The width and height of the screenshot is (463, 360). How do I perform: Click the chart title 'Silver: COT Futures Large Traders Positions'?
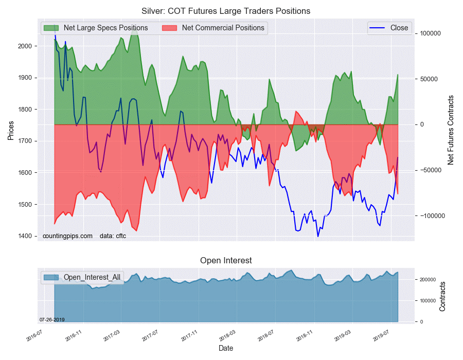coord(226,11)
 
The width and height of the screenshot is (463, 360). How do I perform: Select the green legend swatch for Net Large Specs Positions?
coord(51,28)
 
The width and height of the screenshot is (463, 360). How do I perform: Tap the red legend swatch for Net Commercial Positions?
coord(169,28)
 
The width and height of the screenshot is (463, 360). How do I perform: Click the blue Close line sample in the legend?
coord(377,28)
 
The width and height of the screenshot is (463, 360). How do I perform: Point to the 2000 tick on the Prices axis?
coord(25,46)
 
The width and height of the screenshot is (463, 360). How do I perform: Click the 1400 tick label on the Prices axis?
coord(25,236)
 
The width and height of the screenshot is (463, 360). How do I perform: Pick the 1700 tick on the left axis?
coord(25,141)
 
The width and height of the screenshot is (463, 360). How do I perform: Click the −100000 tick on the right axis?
coord(431,216)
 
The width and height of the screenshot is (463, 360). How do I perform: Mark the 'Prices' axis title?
coord(11,131)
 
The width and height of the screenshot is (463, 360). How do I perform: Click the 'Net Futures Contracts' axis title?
coord(450,130)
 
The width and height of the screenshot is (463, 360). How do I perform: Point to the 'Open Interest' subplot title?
coord(226,261)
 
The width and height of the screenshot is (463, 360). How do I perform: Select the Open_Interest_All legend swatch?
coord(51,277)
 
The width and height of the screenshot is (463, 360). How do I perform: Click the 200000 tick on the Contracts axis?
coord(428,280)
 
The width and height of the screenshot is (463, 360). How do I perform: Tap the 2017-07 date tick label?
coord(150,335)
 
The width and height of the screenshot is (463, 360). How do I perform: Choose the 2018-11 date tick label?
coord(305,335)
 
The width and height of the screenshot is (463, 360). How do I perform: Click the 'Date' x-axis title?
coord(226,348)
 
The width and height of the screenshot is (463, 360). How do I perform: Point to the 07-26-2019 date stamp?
coord(52,319)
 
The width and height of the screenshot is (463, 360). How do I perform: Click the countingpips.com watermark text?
coord(67,236)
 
